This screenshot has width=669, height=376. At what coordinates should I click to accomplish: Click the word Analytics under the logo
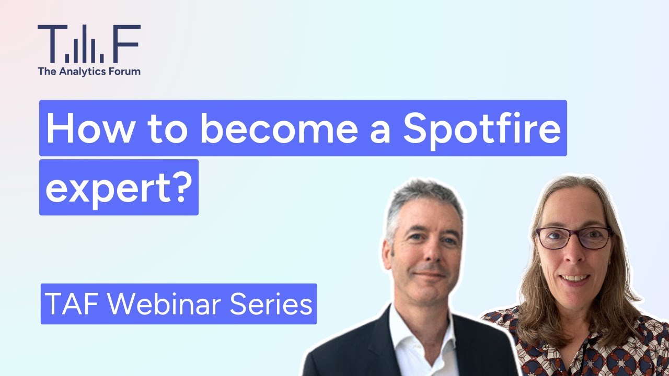point(85,72)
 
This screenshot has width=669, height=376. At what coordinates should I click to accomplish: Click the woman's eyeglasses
point(573,238)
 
